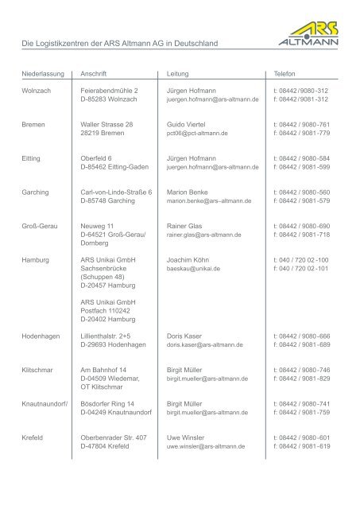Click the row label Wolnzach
click(37, 91)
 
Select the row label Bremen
click(33, 125)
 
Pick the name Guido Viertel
click(187, 125)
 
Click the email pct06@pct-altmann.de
click(193, 134)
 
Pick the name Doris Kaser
click(185, 336)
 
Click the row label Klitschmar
click(39, 370)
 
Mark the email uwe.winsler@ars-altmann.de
click(208, 447)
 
